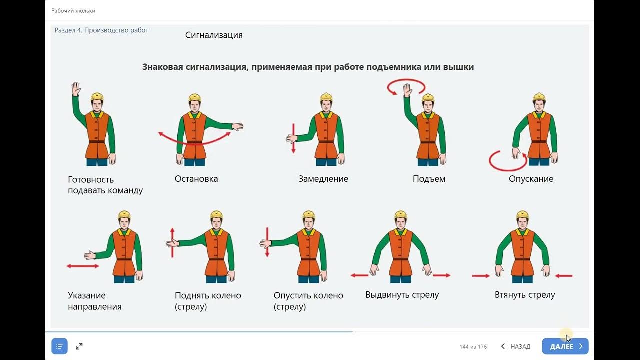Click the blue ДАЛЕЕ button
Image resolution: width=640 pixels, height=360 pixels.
(565, 346)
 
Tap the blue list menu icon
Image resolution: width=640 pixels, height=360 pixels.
(59, 346)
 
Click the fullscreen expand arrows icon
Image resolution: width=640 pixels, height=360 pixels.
(79, 346)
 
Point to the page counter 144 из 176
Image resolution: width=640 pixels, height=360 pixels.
(473, 347)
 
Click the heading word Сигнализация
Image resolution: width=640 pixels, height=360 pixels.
(214, 35)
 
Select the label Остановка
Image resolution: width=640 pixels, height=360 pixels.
(196, 179)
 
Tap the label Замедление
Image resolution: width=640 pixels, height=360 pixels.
(323, 179)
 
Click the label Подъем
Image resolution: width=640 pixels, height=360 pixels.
(429, 179)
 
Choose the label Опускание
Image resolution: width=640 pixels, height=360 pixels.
(531, 179)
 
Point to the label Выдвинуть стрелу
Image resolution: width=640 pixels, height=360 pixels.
(402, 295)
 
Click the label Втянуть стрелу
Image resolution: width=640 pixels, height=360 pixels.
(525, 295)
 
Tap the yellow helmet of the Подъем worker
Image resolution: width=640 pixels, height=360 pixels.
(428, 97)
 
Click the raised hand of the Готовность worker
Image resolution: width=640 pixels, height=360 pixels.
(76, 89)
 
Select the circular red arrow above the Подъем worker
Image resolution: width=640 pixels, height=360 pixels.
(406, 86)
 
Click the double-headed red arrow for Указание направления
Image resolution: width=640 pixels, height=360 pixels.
(83, 266)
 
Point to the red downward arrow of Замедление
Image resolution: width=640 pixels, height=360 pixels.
(293, 138)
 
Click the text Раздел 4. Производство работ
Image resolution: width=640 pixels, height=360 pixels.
(101, 30)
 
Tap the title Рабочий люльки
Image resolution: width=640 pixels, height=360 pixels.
(73, 10)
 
